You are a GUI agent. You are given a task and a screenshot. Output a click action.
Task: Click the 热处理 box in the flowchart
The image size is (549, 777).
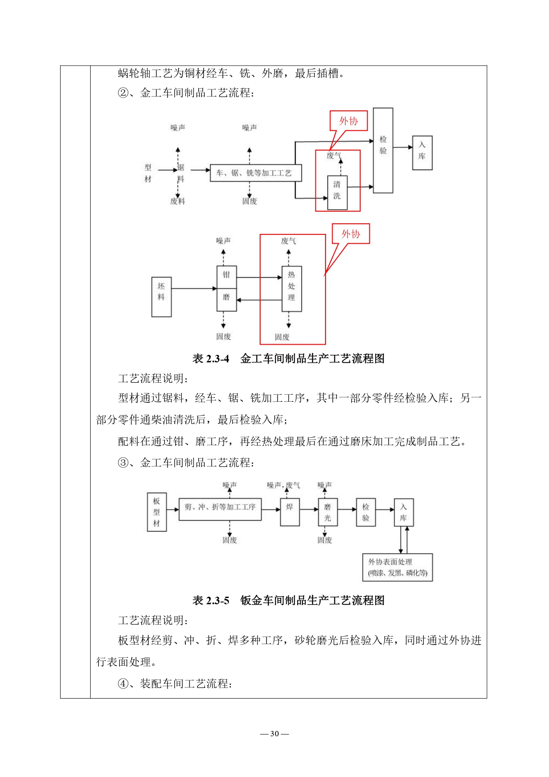292,288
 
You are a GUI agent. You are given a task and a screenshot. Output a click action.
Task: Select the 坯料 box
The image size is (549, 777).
161,297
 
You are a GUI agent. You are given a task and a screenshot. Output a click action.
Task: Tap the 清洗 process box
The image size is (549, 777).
337,193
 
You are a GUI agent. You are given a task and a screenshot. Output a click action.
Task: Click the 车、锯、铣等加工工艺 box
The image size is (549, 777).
255,173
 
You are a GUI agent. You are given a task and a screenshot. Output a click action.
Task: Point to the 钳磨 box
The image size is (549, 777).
227,288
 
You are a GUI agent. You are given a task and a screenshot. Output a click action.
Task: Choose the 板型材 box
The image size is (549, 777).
157,512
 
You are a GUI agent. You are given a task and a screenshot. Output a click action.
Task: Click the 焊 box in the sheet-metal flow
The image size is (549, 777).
290,512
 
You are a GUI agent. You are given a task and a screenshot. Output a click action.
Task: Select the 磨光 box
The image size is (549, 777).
327,512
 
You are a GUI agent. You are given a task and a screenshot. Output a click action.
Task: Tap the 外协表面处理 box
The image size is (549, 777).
397,567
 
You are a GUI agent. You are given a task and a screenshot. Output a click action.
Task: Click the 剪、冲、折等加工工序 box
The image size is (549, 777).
220,509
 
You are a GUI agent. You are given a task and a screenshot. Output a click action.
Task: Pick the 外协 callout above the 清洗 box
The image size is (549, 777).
349,121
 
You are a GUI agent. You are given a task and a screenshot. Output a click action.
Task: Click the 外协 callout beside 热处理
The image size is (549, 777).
351,234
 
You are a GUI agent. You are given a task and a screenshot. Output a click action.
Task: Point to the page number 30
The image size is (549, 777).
274,734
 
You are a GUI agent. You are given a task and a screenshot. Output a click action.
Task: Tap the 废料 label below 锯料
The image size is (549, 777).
178,201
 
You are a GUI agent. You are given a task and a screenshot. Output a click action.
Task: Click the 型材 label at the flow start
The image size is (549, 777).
148,173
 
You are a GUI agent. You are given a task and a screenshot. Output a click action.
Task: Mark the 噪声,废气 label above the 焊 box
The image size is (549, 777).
283,485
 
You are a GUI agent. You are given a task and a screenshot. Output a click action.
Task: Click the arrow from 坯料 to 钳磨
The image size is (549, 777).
194,288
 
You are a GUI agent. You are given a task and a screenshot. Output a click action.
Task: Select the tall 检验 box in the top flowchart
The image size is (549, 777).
383,150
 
